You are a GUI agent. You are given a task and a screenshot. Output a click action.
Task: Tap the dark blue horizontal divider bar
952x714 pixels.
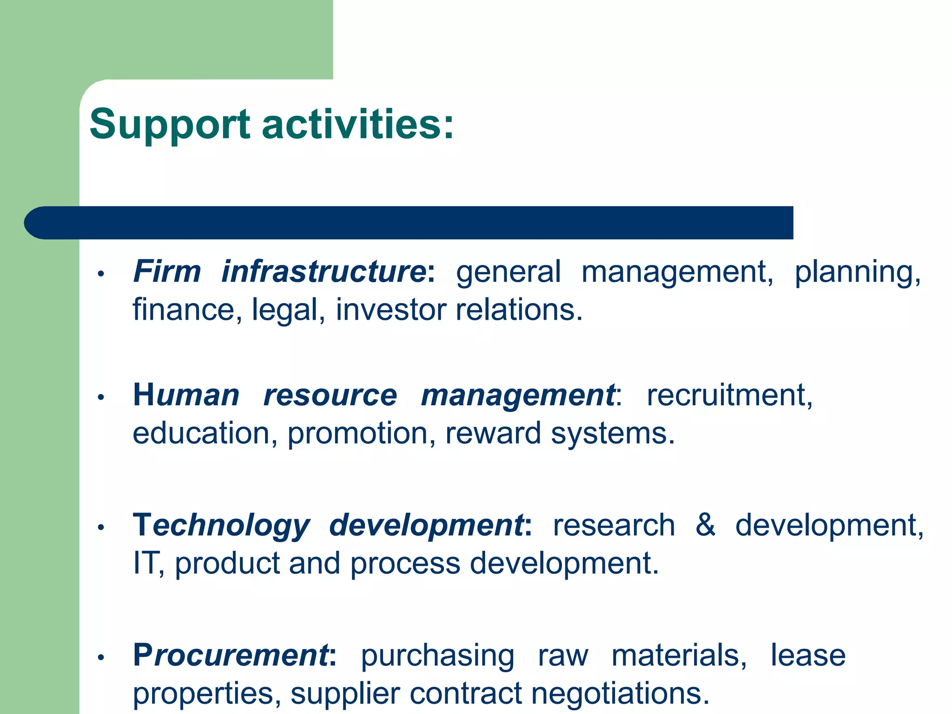point(409,223)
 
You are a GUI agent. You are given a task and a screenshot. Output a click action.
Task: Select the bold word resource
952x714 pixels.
point(330,396)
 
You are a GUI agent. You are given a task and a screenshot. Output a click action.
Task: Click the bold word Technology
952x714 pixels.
point(221,526)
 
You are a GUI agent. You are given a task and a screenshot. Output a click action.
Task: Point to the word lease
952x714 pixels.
point(808,655)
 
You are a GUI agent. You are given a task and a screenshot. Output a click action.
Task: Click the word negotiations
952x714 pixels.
point(620,693)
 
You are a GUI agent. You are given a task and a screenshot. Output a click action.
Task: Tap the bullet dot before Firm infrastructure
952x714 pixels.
point(100,274)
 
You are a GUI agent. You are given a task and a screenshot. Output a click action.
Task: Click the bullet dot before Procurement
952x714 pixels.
point(100,657)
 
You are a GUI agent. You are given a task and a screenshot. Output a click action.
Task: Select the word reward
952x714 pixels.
point(493,434)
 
